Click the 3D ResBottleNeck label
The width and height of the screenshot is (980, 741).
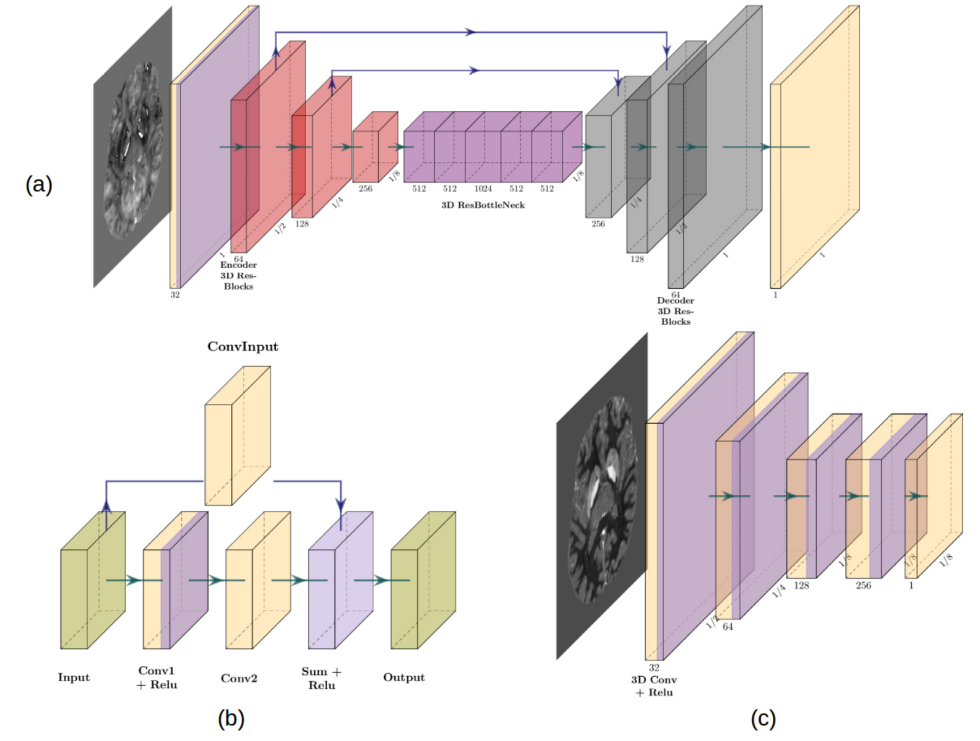483,205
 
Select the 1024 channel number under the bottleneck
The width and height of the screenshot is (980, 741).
483,189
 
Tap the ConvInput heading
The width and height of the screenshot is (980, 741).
243,347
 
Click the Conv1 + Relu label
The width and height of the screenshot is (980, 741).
157,678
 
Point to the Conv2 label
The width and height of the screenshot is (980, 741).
239,679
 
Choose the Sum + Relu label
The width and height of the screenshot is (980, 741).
322,678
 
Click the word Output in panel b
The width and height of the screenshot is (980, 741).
404,678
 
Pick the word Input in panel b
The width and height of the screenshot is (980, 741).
74,678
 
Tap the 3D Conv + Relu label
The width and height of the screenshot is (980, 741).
654,686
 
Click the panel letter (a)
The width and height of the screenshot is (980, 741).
39,184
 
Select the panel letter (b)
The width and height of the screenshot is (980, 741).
231,719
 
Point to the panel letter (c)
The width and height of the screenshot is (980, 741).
763,719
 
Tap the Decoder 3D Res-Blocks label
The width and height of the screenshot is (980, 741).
676,311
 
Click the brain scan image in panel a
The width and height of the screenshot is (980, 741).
133,151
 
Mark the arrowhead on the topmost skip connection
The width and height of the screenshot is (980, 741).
470,32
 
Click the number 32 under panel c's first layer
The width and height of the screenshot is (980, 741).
654,667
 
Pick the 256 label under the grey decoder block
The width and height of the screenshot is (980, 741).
598,224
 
